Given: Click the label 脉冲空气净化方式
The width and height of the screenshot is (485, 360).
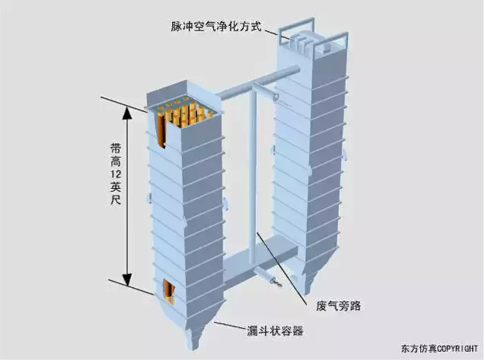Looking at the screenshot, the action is tap(216, 27).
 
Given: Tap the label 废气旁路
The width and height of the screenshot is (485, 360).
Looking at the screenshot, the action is tap(338, 306).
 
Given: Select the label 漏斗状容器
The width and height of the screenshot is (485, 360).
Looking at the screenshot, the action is tap(275, 331).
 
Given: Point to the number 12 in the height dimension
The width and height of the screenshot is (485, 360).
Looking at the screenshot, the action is tap(116, 174).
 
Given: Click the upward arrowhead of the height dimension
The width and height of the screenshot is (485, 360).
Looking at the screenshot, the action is tap(127, 113).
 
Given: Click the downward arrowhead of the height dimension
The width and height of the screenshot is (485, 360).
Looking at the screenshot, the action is tap(127, 279).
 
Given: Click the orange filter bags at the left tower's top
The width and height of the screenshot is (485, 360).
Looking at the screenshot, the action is tap(183, 116).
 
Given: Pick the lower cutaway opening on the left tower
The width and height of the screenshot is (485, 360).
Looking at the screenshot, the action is tap(169, 292).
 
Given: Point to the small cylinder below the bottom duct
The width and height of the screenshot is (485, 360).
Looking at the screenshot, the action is tap(266, 276).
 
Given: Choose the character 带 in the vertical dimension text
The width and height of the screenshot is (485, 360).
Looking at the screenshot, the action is tap(116, 148).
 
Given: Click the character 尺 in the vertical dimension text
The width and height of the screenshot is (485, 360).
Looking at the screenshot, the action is tap(116, 200).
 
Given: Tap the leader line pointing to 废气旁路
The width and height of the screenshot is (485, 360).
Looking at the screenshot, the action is tap(282, 266).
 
